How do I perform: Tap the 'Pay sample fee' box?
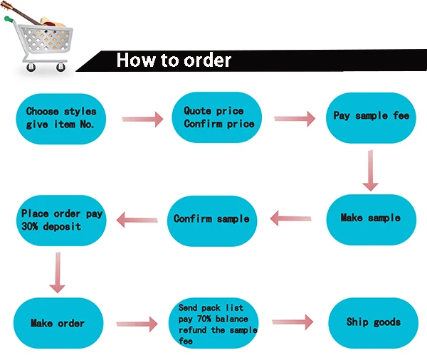click(371, 116)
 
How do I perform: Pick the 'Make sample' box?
click(370, 218)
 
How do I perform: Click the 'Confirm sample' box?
click(211, 218)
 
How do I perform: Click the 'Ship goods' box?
click(373, 322)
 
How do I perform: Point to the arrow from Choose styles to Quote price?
click(142, 120)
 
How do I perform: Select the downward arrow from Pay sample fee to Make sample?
click(369, 171)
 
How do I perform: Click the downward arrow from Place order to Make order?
click(57, 272)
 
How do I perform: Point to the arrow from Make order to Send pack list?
click(137, 324)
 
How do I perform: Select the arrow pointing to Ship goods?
click(293, 322)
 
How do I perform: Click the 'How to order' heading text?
click(174, 60)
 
